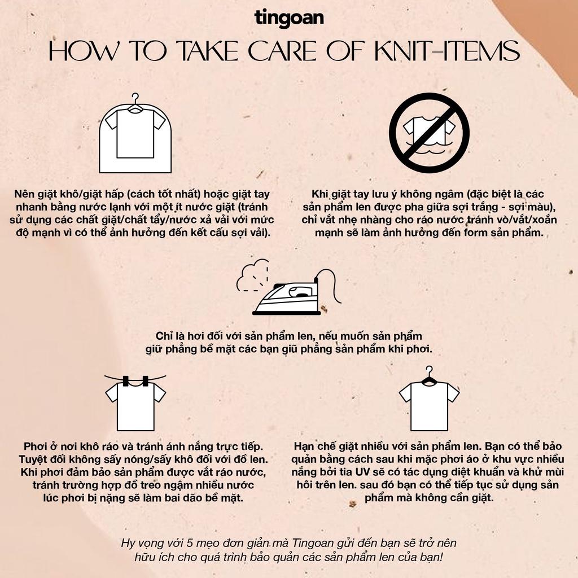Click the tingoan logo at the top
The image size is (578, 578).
[x=289, y=18]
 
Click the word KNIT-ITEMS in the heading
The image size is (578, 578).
[x=447, y=51]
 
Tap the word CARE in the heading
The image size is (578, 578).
[x=283, y=51]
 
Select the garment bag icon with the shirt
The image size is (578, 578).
[x=135, y=133]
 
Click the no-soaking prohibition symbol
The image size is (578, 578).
[x=429, y=133]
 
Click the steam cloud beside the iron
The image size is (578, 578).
[x=253, y=275]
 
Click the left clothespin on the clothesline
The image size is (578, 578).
[x=126, y=381]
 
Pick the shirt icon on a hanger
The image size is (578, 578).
[x=429, y=399]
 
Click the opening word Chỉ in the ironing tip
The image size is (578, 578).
[x=165, y=336]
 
